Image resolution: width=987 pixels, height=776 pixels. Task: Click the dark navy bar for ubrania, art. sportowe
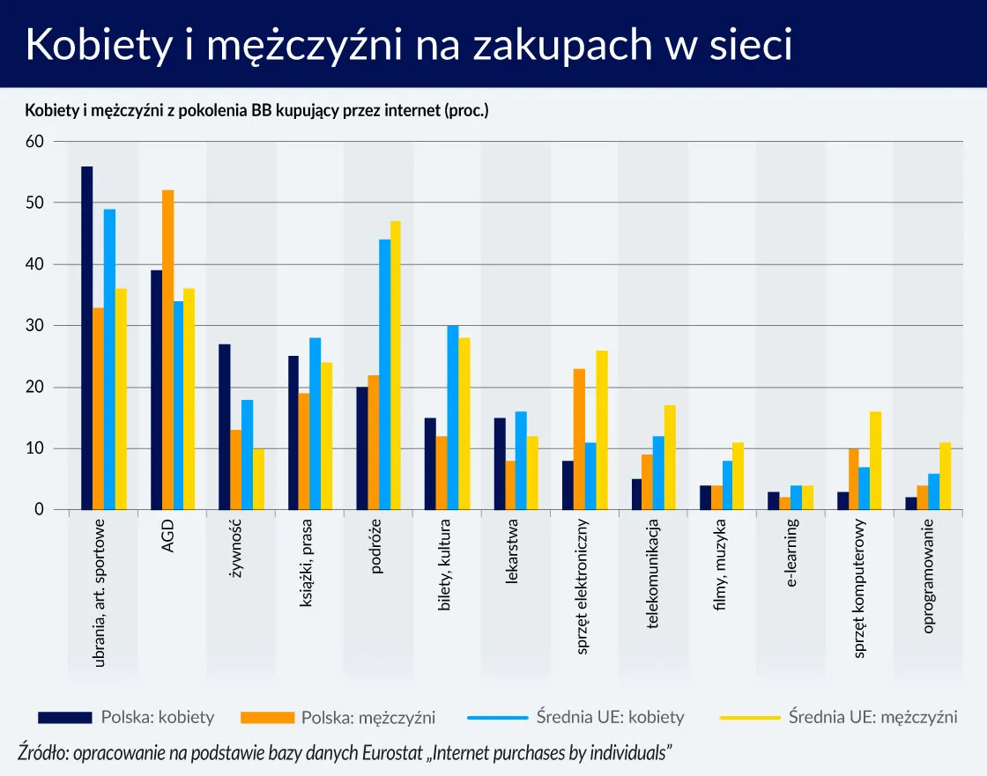87,338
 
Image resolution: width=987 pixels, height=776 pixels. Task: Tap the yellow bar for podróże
396,366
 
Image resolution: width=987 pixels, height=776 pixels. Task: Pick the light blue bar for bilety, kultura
453,418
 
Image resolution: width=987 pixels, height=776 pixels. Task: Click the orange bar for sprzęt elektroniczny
579,440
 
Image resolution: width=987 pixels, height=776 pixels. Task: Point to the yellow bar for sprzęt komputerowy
875,461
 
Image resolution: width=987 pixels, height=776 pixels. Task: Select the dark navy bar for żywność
225,427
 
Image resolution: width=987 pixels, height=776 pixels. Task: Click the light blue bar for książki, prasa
315,424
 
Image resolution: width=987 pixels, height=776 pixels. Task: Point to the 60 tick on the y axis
35,142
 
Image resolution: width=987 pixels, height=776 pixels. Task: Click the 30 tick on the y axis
35,326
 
